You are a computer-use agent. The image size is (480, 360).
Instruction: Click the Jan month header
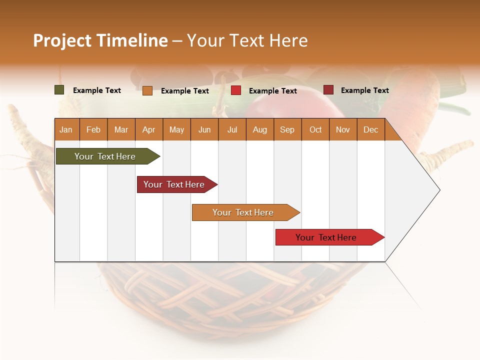tap(66, 130)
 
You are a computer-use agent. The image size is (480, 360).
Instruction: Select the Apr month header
tap(148, 130)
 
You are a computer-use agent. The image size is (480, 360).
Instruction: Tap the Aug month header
tap(259, 130)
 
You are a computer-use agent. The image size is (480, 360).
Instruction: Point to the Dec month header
tap(370, 130)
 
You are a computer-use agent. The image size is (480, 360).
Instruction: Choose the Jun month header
tap(204, 130)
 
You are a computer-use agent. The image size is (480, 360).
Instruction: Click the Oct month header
tap(315, 130)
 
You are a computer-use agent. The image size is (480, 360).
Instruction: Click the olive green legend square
tap(59, 90)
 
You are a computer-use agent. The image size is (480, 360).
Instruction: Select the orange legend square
tap(147, 90)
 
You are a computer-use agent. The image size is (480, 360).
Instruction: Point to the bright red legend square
tap(236, 90)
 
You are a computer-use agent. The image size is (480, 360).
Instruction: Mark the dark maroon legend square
tap(328, 90)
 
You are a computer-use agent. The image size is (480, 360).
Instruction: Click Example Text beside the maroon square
tap(364, 90)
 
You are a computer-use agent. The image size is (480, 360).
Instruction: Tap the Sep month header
tap(287, 130)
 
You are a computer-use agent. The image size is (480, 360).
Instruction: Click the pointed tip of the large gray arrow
tap(438, 190)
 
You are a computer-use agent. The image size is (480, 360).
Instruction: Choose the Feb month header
tap(93, 130)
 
